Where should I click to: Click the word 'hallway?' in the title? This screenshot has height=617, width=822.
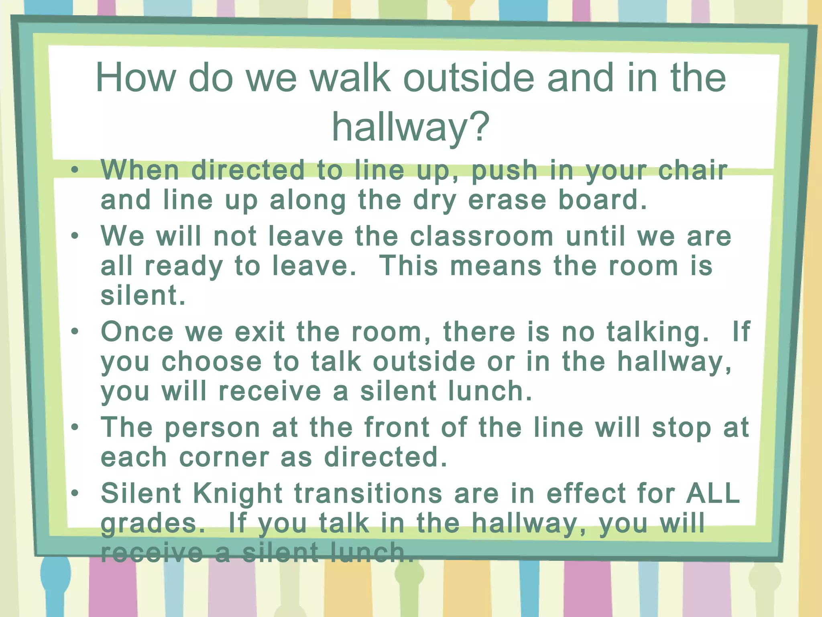(x=411, y=127)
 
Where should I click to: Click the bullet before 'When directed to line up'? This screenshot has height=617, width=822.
(x=75, y=170)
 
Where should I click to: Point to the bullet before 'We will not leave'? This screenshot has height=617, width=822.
(x=75, y=236)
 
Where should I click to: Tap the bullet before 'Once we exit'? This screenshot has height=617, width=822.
(x=75, y=332)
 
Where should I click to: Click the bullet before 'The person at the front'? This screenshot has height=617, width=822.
(x=75, y=427)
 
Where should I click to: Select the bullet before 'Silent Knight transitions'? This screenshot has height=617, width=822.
(x=75, y=493)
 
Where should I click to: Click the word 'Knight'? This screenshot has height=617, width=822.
(x=238, y=494)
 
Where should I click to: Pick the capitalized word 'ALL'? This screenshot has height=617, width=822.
(x=713, y=493)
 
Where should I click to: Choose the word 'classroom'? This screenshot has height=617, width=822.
(x=482, y=236)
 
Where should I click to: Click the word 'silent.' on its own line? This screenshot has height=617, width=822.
(x=143, y=296)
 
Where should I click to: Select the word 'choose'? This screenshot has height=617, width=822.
(x=212, y=362)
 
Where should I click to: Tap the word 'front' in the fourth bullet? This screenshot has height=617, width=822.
(x=397, y=427)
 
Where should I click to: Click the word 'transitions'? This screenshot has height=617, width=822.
(x=368, y=493)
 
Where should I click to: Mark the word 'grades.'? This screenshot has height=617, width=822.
(x=153, y=524)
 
